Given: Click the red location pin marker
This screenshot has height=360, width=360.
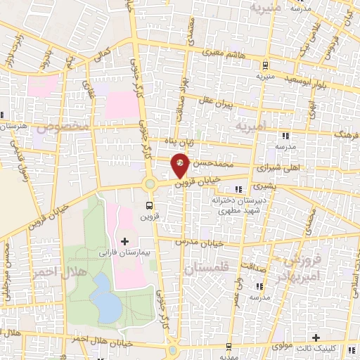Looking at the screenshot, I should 181,166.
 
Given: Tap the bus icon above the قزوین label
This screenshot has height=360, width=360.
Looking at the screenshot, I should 148,205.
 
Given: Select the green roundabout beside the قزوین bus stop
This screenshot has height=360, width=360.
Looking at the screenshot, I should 150,185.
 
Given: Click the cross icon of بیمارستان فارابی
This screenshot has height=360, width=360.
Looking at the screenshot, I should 125,241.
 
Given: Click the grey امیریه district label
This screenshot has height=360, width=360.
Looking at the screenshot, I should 251,127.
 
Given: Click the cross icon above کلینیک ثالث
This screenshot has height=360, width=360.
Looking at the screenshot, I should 316,338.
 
